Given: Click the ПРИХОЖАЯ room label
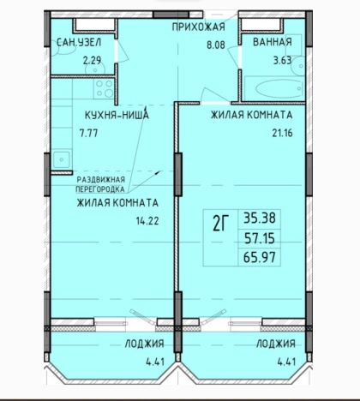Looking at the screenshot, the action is pyautogui.click(x=199, y=27).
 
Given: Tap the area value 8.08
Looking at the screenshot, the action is pyautogui.click(x=216, y=45).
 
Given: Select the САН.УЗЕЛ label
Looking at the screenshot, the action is pyautogui.click(x=79, y=43).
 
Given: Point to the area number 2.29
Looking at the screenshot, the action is pyautogui.click(x=92, y=61).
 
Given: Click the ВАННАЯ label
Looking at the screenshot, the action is pyautogui.click(x=273, y=42).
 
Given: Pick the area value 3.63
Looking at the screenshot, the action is pyautogui.click(x=283, y=61).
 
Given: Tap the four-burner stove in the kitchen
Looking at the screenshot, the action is pyautogui.click(x=105, y=88).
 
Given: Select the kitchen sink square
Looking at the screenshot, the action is pyautogui.click(x=62, y=159).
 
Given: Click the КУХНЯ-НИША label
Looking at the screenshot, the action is pyautogui.click(x=117, y=115).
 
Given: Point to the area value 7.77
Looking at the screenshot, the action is pyautogui.click(x=89, y=133).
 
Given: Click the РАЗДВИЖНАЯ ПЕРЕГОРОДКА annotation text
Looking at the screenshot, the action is pyautogui.click(x=100, y=184).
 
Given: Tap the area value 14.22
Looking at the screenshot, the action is pyautogui.click(x=147, y=221).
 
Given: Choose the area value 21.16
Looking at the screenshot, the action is pyautogui.click(x=282, y=133).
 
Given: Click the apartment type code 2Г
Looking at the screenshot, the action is pyautogui.click(x=221, y=224).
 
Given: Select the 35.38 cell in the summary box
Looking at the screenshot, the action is pyautogui.click(x=260, y=218).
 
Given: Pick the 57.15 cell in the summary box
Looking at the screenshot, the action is pyautogui.click(x=260, y=238).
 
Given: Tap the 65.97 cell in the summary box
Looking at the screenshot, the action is pyautogui.click(x=260, y=257).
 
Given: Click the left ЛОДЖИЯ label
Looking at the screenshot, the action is pyautogui.click(x=145, y=344).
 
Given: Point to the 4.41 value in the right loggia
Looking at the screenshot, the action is pyautogui.click(x=286, y=362).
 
